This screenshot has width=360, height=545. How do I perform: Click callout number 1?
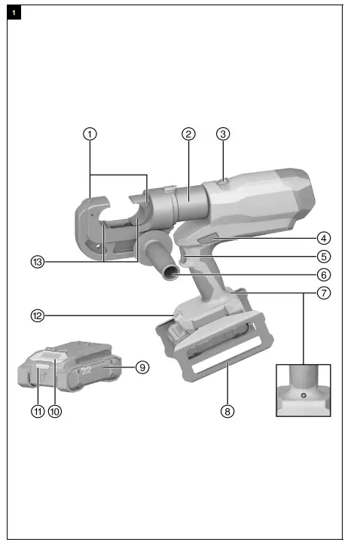coord(90,134)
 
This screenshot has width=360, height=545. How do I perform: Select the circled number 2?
coord(188,134)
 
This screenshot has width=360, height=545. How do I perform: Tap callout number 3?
coord(222,134)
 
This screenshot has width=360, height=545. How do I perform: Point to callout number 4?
coord(323,237)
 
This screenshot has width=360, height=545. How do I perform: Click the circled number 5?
coord(323,255)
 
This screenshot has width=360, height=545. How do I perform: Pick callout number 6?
coord(323,274)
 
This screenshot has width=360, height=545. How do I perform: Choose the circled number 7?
coord(323,293)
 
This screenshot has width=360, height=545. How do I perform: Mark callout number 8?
coord(227,411)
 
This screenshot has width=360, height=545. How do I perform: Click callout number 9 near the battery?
coord(140,367)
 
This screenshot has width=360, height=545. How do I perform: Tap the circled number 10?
coord(54,411)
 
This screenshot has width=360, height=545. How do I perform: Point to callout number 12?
coord(37,316)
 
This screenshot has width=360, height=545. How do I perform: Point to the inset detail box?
coord(304,389)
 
